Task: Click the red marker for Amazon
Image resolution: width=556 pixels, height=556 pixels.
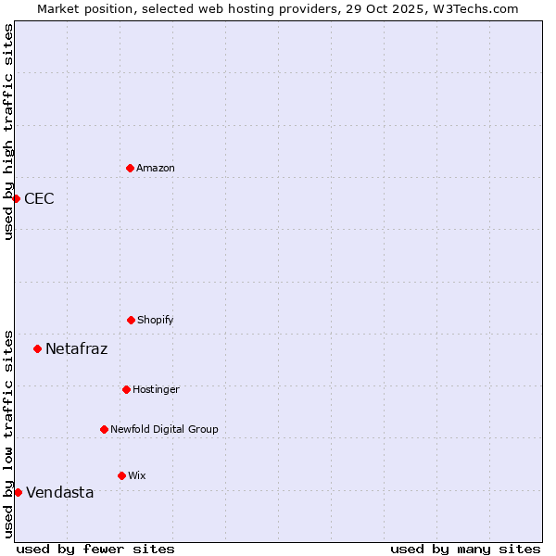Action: (x=130, y=168)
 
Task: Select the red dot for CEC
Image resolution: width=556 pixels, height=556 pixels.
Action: (x=16, y=198)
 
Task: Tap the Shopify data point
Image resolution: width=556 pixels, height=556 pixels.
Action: (x=131, y=320)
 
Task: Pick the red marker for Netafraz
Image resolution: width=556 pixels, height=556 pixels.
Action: (x=37, y=348)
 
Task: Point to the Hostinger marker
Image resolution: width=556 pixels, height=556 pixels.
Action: (x=126, y=389)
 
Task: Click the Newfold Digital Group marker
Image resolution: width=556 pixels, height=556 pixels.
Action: (x=104, y=429)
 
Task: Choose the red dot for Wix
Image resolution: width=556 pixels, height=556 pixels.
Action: (x=121, y=475)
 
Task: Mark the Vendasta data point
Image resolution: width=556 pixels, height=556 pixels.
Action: (x=18, y=492)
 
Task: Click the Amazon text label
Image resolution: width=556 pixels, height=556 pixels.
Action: (x=156, y=168)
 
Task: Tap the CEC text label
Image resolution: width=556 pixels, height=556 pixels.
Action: (x=39, y=198)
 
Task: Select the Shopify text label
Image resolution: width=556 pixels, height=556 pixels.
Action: (x=156, y=320)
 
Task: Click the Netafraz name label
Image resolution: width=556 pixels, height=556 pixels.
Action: (x=76, y=348)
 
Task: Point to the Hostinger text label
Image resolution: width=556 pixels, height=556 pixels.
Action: (x=156, y=389)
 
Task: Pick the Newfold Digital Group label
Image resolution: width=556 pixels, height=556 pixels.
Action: (x=164, y=429)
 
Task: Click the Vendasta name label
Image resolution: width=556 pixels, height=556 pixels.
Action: (x=59, y=492)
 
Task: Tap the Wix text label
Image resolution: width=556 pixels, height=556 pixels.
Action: (x=137, y=475)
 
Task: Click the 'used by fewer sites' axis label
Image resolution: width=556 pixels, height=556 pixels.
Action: (x=95, y=549)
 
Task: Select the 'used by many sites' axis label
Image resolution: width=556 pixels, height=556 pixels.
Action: (x=465, y=549)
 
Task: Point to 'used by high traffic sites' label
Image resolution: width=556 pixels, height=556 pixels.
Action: (x=8, y=132)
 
